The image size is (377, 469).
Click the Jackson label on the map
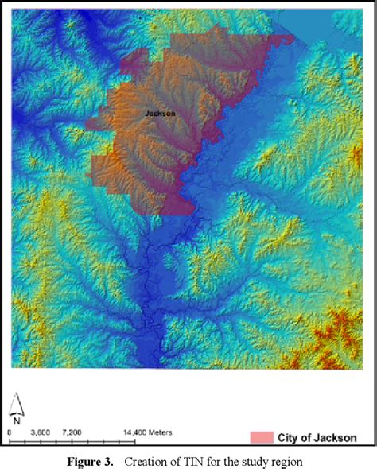(161, 114)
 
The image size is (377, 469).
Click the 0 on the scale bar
(9, 432)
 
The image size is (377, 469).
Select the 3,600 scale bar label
(41, 432)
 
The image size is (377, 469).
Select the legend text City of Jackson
(314, 437)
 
